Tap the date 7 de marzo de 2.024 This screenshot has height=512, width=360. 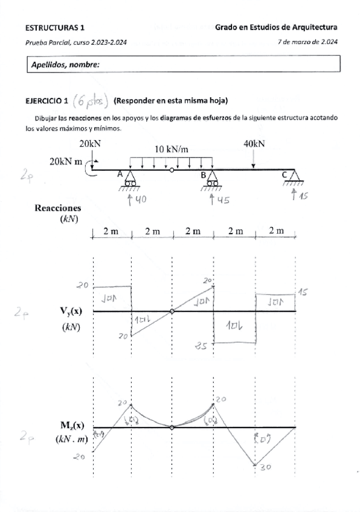pos(307,42)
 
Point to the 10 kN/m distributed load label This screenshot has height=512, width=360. pos(173,150)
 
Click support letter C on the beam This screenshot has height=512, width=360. pos(284,174)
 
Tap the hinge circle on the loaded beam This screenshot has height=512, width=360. pos(172,170)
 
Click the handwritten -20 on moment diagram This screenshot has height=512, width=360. pos(80,457)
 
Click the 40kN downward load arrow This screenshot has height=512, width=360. pos(254,159)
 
